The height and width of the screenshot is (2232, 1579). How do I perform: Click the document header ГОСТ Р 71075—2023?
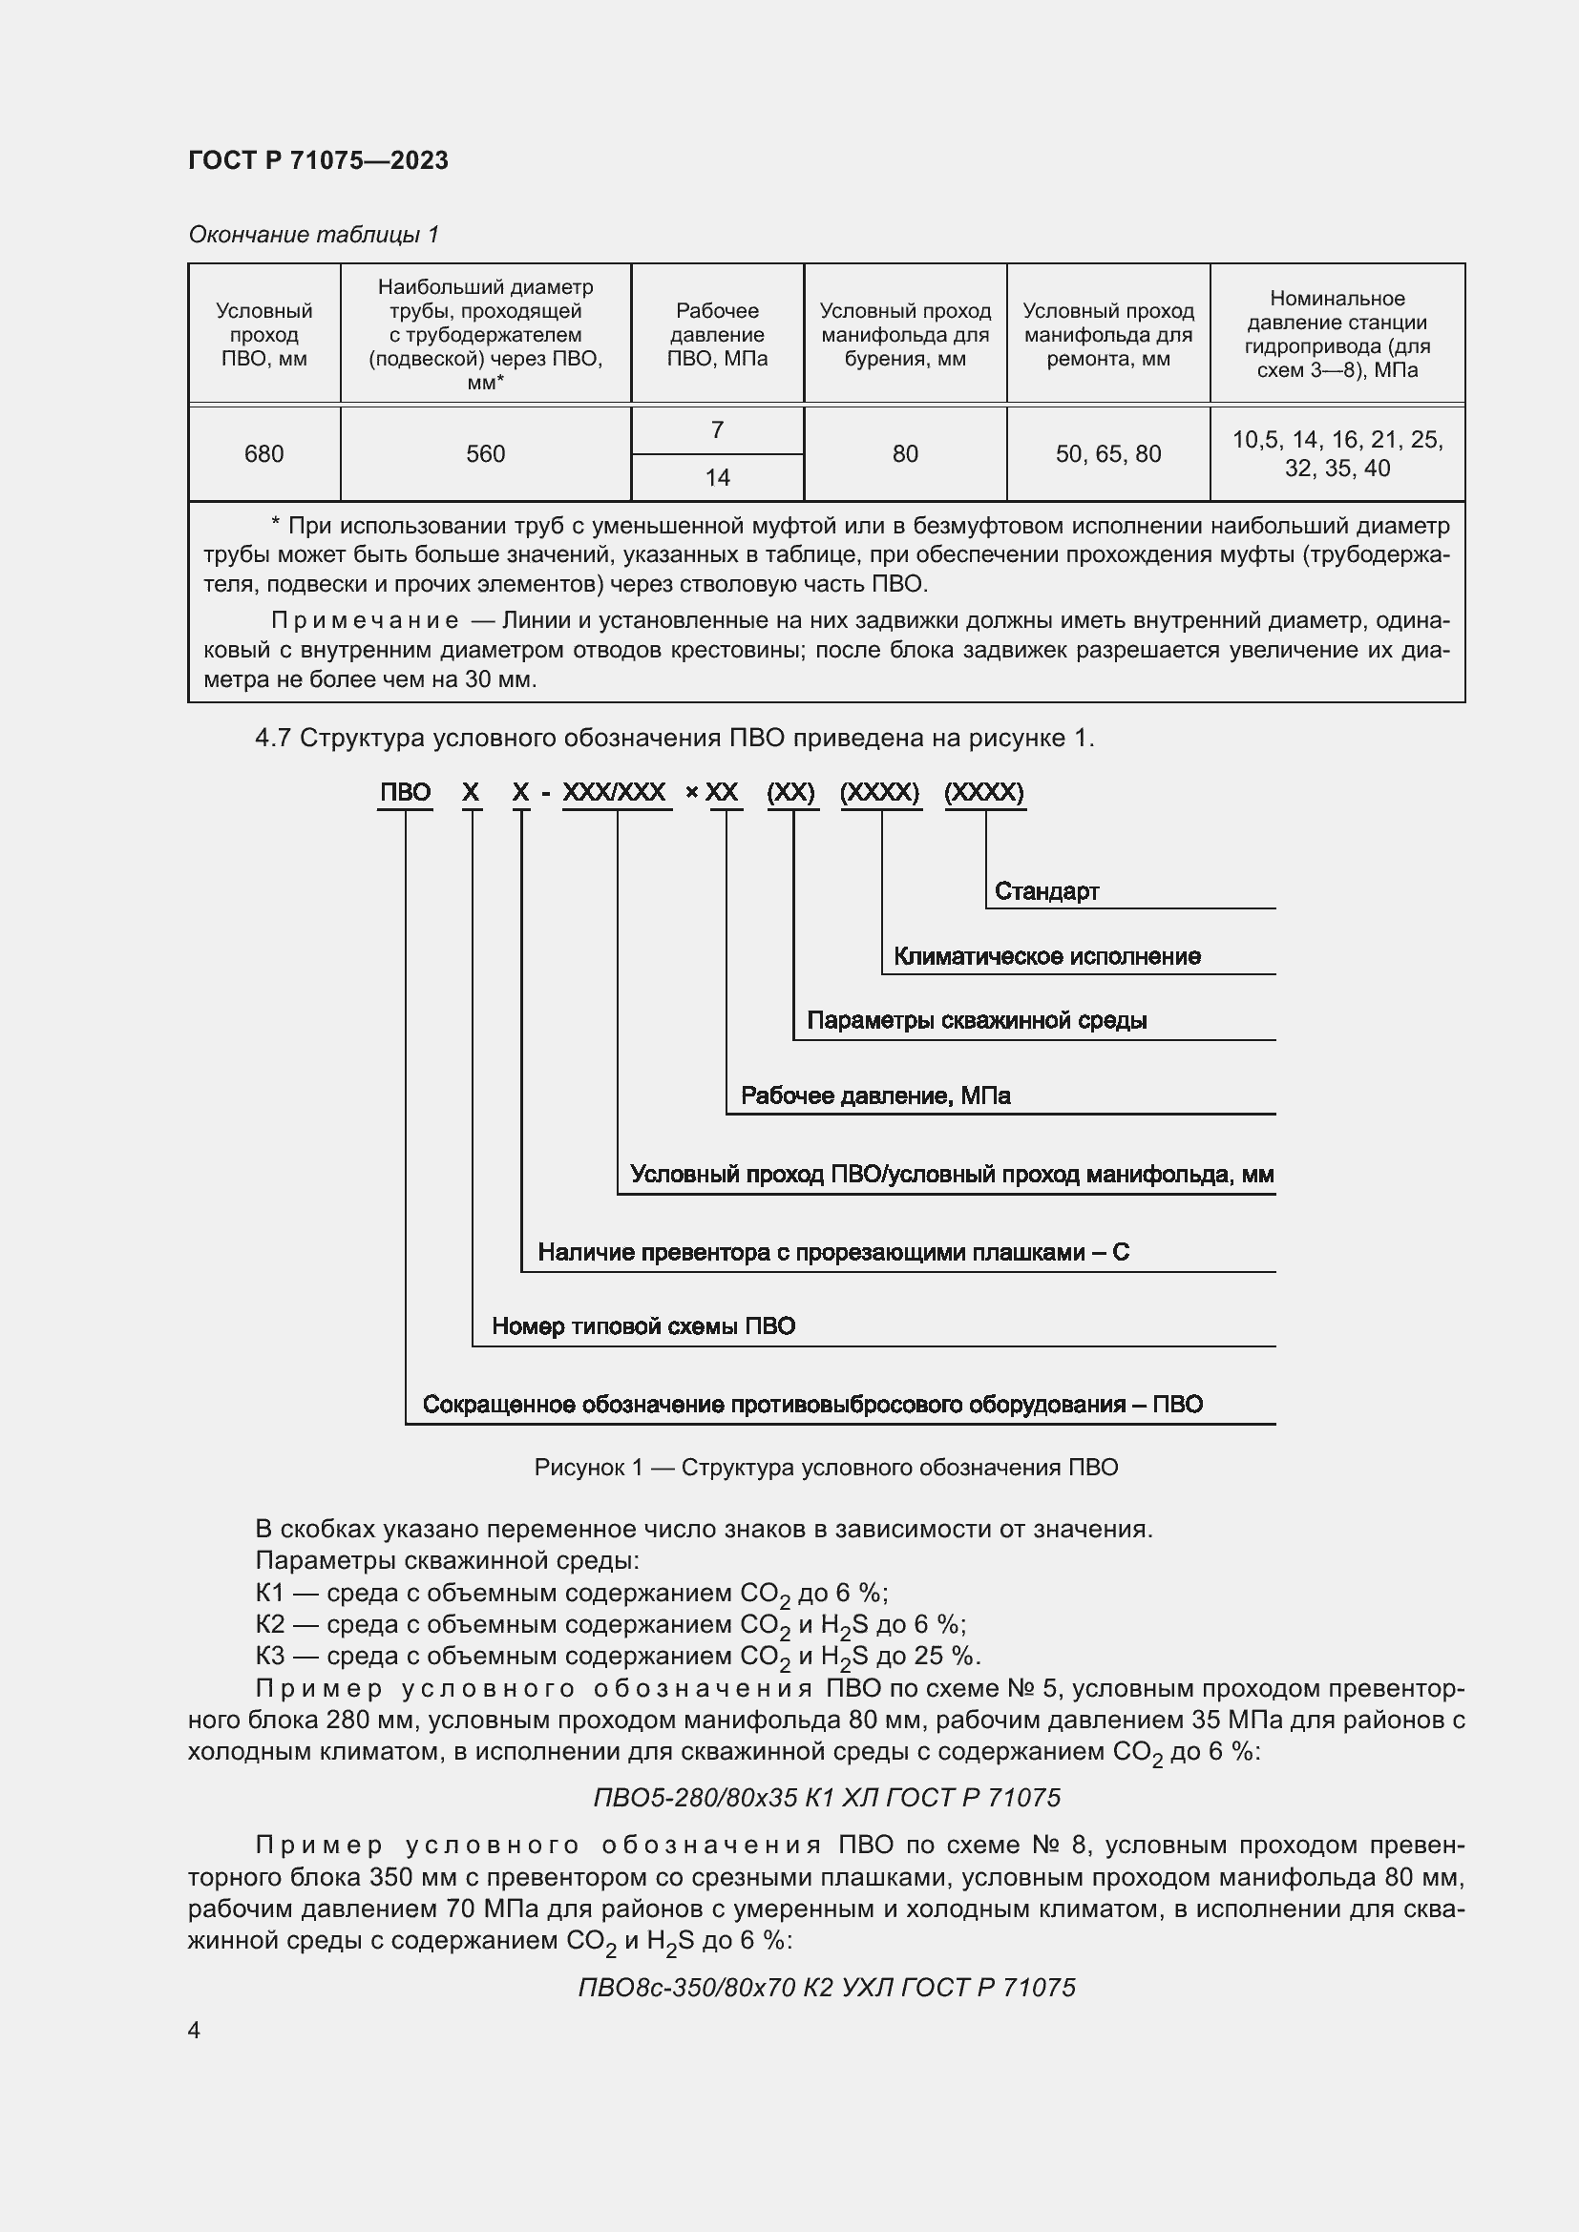(318, 160)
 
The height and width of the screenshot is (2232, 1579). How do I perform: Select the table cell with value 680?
(263, 454)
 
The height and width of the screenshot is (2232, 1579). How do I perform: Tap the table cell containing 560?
(485, 454)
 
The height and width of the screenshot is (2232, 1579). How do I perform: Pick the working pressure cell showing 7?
(717, 429)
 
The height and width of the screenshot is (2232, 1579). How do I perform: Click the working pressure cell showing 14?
(717, 477)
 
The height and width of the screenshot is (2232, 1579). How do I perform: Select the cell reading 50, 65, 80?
(1107, 454)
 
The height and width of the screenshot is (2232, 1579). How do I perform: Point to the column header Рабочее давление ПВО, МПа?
(717, 334)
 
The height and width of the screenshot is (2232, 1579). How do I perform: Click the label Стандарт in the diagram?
(1046, 891)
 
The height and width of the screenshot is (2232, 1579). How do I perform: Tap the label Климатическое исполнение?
(1046, 956)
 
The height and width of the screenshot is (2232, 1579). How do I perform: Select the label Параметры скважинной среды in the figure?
(977, 1021)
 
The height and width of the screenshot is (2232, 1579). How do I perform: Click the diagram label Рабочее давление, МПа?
(875, 1095)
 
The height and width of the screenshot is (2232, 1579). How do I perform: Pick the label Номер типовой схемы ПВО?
(642, 1326)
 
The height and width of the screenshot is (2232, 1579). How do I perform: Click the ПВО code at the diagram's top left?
(405, 792)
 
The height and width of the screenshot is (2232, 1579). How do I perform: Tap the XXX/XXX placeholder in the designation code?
(615, 792)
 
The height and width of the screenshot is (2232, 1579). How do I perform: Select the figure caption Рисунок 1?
(826, 1467)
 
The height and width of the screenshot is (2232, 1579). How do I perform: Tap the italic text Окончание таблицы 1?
(313, 235)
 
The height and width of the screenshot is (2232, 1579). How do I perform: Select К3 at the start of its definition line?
(269, 1656)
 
